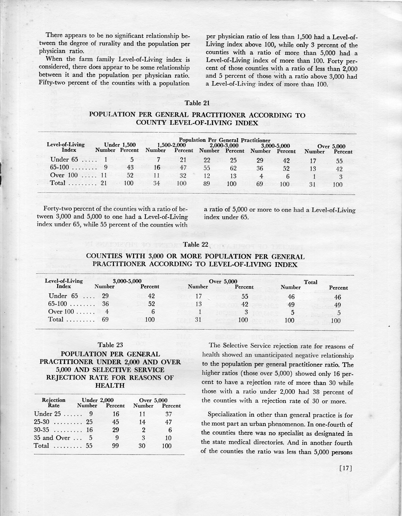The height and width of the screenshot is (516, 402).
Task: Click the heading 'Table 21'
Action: coord(197,103)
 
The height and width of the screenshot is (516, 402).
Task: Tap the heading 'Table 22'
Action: coord(197,244)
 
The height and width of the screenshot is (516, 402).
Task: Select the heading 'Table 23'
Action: coord(110,345)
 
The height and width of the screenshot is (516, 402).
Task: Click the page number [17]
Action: coord(345,469)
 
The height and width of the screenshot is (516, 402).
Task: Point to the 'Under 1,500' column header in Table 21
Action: coord(120,145)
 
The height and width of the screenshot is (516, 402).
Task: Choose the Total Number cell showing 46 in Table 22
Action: coord(291,296)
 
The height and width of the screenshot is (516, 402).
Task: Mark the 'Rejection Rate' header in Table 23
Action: coord(53,403)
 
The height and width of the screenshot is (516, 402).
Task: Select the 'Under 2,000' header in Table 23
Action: coord(97,400)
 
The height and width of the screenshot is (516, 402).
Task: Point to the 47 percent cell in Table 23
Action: coord(168,422)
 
